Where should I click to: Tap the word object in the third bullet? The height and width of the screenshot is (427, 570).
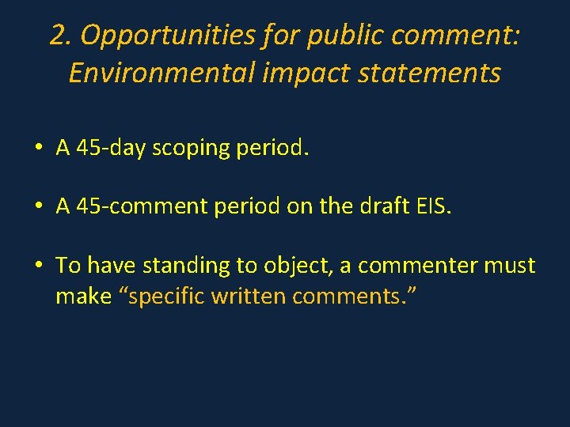(x=294, y=266)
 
